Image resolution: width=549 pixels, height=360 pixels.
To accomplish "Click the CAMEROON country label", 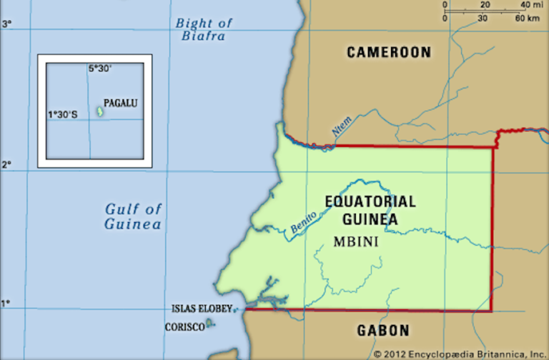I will (389, 52).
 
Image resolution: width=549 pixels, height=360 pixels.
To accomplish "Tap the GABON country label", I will (384, 331).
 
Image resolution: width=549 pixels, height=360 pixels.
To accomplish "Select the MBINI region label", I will (355, 241).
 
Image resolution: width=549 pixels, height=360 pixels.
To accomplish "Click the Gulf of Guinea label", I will (133, 216).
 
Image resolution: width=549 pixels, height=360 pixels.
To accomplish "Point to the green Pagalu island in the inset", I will (99, 111).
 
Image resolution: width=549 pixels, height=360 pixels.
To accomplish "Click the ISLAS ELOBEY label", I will (202, 309).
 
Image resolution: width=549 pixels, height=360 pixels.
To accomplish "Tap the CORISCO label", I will (184, 326).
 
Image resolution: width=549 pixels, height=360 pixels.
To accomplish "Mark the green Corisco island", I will (209, 324).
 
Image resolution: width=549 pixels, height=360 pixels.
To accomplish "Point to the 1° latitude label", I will (6, 304).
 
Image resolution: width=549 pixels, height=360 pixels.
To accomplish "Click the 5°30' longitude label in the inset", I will (100, 69).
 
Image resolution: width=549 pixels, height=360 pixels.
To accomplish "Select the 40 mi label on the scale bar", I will (528, 6).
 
